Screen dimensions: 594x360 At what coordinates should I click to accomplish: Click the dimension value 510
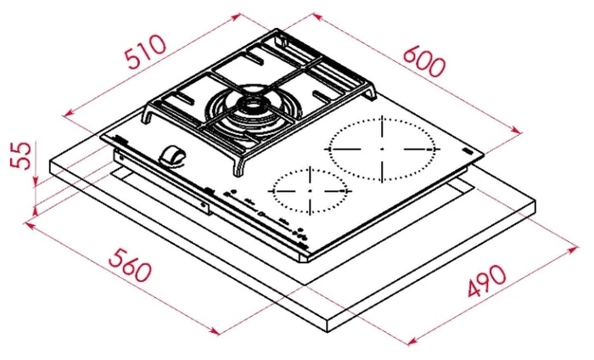[147, 52]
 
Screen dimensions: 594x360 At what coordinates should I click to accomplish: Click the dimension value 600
[423, 62]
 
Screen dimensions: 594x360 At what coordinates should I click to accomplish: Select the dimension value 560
[130, 265]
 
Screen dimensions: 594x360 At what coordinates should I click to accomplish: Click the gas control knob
[172, 155]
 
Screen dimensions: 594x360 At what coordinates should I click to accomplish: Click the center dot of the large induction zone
[382, 149]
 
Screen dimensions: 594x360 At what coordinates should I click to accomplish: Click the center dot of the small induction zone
[310, 190]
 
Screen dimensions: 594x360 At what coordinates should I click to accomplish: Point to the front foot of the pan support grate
[239, 166]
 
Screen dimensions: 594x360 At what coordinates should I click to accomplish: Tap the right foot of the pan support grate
[372, 93]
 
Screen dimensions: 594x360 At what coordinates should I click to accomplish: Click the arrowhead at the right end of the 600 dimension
[517, 130]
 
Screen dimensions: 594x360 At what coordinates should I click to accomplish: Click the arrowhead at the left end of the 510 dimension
[69, 113]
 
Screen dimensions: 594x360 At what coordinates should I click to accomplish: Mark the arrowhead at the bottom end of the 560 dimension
[214, 331]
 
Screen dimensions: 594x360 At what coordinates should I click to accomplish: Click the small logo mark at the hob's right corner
[467, 151]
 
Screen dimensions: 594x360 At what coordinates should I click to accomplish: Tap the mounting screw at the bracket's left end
[120, 155]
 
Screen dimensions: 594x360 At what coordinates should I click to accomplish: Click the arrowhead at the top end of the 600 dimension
[317, 17]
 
